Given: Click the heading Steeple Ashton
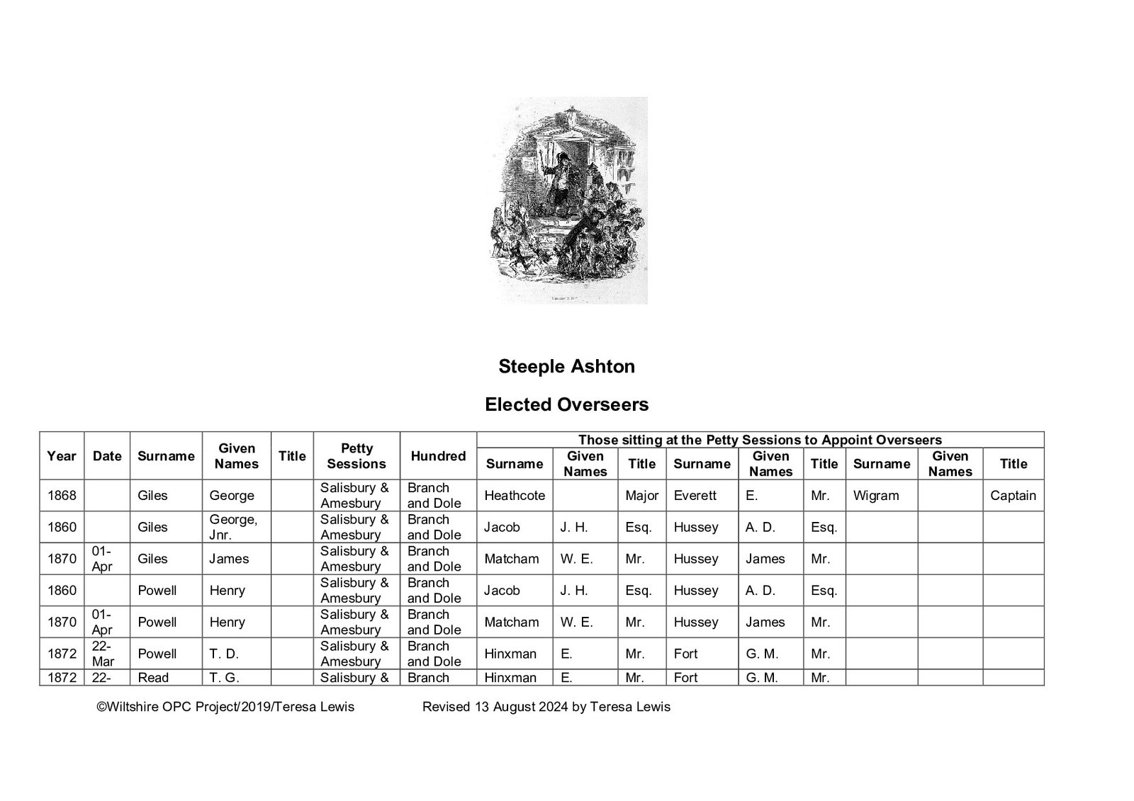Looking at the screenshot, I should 566,366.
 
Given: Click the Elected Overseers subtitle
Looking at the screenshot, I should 566,404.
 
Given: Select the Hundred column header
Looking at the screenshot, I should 438,456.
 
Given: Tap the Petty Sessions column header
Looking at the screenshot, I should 357,456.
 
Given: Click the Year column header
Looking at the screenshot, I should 62,456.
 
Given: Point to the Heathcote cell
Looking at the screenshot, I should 515,496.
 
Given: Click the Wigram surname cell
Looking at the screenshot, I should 876,496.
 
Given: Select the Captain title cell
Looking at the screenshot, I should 1013,496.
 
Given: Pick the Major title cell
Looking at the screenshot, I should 641,496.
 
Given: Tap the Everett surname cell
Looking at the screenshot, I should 695,496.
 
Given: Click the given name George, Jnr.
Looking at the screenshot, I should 233,527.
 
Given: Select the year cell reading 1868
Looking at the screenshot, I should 62,496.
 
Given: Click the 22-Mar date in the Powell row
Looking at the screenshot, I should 103,654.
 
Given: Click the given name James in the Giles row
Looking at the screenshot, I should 229,559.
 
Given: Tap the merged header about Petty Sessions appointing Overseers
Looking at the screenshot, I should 760,440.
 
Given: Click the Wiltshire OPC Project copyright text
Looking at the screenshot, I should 225,706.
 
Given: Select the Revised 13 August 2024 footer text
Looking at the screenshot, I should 546,706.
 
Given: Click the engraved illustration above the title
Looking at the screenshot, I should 567,200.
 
